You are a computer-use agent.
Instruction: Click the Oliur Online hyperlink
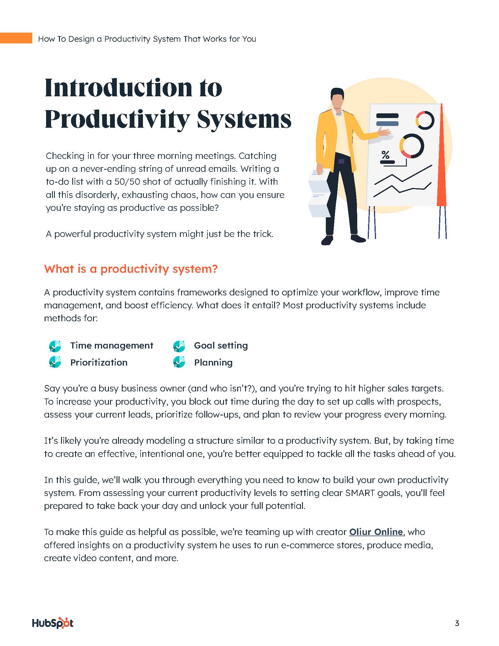click(376, 532)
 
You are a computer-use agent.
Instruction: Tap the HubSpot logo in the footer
click(53, 623)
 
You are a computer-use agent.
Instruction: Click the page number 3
click(457, 623)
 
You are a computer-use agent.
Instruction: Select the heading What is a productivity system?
click(131, 269)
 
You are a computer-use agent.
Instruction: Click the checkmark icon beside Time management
click(55, 346)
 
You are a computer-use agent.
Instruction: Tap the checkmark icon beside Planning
click(179, 362)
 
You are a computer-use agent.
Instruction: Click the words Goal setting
click(221, 346)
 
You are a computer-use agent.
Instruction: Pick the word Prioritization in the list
click(99, 362)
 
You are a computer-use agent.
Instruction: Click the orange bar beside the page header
click(16, 38)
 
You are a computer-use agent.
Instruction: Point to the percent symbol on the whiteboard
click(385, 154)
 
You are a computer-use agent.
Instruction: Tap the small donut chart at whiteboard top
click(425, 120)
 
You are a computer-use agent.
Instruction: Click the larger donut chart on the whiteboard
click(412, 146)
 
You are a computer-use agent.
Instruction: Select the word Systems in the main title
click(244, 120)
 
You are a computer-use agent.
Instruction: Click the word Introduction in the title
click(118, 88)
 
